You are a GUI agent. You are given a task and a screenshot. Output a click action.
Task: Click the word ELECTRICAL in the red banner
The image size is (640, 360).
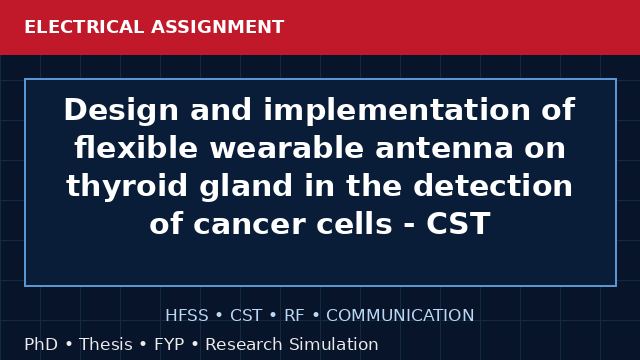pos(84,27)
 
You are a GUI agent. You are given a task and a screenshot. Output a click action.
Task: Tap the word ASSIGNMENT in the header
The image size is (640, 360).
pos(218,27)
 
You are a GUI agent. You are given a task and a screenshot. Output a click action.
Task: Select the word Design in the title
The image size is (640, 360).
pos(121,111)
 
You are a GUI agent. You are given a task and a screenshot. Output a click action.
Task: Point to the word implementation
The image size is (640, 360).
pos(397,111)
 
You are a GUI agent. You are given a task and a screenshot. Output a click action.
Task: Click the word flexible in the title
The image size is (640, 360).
pos(136,147)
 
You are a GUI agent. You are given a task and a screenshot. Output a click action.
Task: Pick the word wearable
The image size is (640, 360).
pos(287,147)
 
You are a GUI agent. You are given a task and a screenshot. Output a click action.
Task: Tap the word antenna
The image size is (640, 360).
pos(444,148)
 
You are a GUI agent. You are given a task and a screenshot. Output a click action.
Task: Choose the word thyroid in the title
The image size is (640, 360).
pos(127,187)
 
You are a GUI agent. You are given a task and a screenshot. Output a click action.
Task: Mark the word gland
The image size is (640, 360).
pos(246,187)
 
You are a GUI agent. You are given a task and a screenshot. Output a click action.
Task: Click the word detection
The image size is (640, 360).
pos(493,185)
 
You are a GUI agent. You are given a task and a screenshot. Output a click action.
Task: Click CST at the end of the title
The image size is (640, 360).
pos(458,223)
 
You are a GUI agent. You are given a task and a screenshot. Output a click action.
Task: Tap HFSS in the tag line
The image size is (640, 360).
pos(187,316)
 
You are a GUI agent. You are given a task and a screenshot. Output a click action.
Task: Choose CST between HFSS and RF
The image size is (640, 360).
pos(246,316)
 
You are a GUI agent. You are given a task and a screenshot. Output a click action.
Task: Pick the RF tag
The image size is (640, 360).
pos(294,316)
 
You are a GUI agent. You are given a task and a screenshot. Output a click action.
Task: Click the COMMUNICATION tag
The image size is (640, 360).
pos(400,316)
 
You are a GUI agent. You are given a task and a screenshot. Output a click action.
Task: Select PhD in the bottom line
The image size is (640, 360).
pos(41,344)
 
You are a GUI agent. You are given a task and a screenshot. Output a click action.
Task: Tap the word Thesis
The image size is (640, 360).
pos(106,344)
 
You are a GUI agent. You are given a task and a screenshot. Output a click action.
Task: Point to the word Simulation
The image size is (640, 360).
pos(333,344)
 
